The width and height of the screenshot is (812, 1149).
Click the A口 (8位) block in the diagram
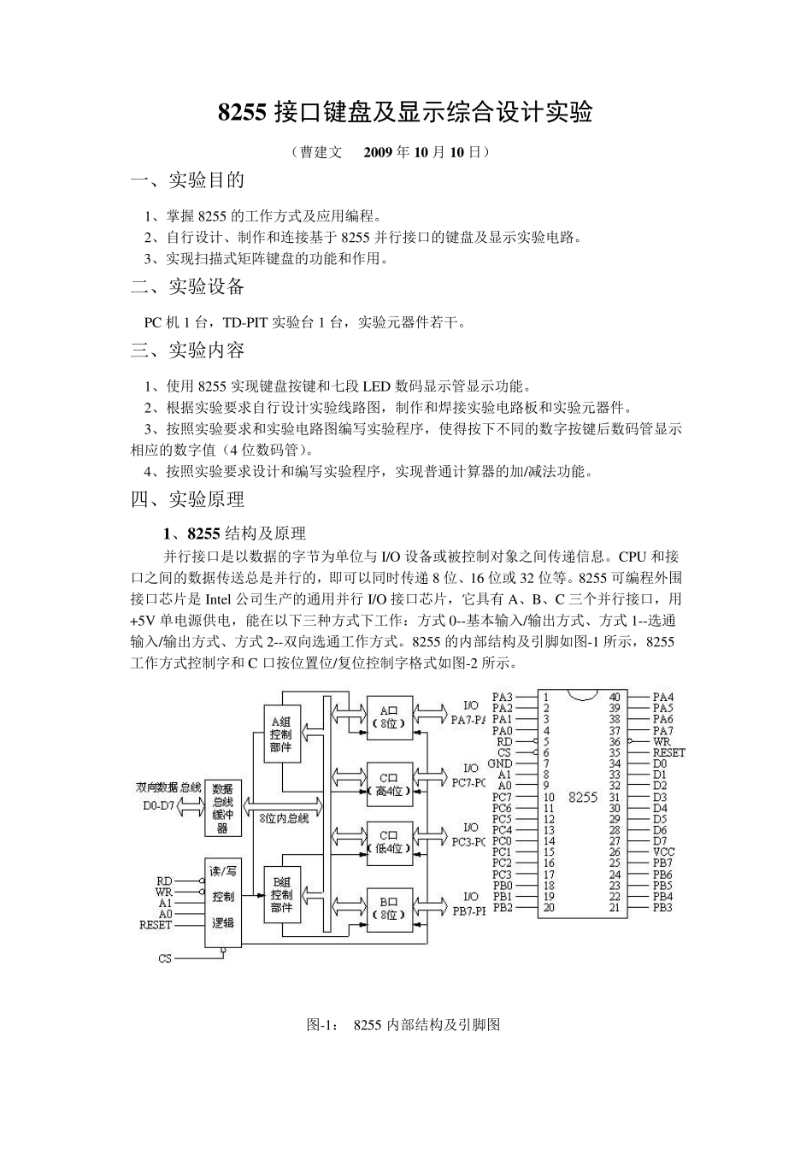pyautogui.click(x=389, y=716)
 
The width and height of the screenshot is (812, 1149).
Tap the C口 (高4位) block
pyautogui.click(x=389, y=784)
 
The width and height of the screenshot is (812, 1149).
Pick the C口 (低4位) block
pyautogui.click(x=389, y=841)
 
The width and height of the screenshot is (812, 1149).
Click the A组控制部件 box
pyautogui.click(x=280, y=734)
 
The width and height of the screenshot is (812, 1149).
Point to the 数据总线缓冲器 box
pyautogui.click(x=222, y=808)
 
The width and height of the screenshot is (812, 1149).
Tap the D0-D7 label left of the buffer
pyautogui.click(x=156, y=805)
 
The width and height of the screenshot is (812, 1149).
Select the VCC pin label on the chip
pyautogui.click(x=664, y=852)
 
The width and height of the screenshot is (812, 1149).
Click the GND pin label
pyautogui.click(x=500, y=763)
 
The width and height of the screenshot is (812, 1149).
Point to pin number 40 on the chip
pyautogui.click(x=615, y=698)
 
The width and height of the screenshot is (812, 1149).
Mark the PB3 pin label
pyautogui.click(x=662, y=908)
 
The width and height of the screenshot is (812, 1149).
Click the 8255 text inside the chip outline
pyautogui.click(x=582, y=797)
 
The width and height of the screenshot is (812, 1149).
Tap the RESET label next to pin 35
pyautogui.click(x=668, y=753)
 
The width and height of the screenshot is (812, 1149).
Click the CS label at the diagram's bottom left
pyautogui.click(x=165, y=958)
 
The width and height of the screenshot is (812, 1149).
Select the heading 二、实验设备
pyautogui.click(x=187, y=286)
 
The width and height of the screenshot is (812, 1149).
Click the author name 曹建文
pyautogui.click(x=321, y=152)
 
